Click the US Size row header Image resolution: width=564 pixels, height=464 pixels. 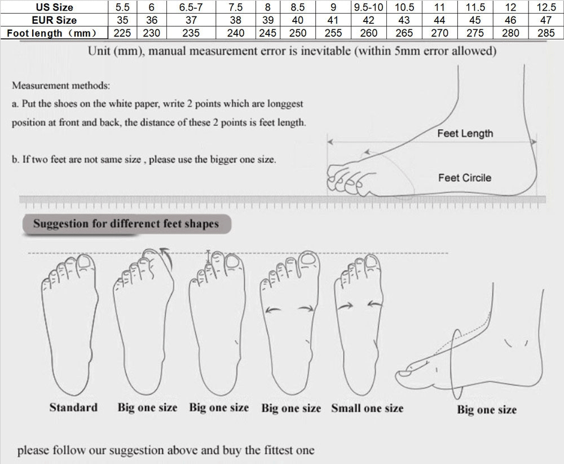54,7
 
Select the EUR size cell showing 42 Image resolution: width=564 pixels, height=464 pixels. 369,20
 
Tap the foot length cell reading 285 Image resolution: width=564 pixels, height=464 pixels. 546,33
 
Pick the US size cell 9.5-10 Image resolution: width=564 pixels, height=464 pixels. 369,7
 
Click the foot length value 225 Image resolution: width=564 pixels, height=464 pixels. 122,33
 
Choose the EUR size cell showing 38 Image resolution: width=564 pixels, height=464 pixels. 236,20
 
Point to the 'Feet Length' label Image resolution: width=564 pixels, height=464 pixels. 465,134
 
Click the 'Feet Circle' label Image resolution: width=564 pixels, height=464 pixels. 465,178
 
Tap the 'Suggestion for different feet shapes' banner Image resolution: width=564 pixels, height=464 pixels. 126,224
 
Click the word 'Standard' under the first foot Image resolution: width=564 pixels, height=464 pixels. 73,408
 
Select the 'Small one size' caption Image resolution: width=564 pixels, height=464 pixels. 367,408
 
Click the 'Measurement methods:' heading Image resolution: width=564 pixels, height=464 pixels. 61,86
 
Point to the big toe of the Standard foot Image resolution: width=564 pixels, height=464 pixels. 85,262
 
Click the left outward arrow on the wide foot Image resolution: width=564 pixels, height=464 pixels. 273,309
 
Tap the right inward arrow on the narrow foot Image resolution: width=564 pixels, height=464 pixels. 375,304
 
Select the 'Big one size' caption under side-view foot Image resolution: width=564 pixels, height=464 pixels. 487,410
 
